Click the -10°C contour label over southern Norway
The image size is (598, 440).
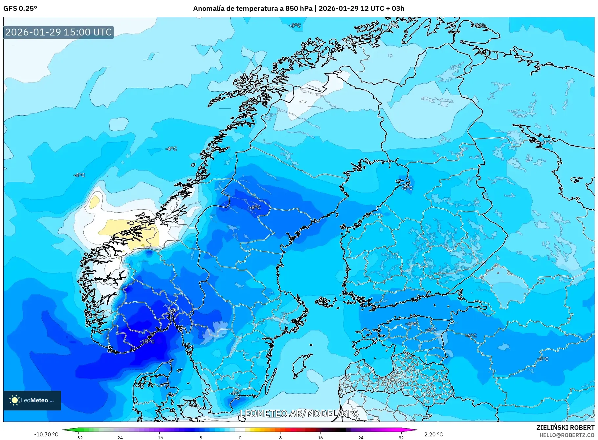(x=147, y=341)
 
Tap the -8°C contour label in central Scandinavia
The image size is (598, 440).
(x=255, y=207)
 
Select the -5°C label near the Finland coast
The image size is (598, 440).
(x=407, y=188)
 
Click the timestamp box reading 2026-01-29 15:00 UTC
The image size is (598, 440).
(x=58, y=32)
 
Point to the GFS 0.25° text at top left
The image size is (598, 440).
(x=20, y=9)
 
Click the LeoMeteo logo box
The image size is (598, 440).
(x=32, y=400)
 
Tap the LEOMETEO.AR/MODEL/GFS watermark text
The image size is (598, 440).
(x=299, y=413)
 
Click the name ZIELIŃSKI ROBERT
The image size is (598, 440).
(x=565, y=428)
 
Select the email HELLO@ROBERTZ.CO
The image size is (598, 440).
(x=567, y=435)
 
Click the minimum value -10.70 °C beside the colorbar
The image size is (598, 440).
(x=46, y=434)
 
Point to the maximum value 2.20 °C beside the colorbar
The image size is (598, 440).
(x=433, y=434)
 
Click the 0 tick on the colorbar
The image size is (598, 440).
(x=240, y=438)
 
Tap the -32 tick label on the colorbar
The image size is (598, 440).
(x=79, y=438)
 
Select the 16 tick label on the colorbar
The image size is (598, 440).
(x=320, y=438)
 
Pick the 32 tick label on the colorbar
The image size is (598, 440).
(x=401, y=438)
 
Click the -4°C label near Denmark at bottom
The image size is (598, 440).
(x=235, y=393)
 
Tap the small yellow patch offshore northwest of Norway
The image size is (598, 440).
(x=95, y=201)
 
